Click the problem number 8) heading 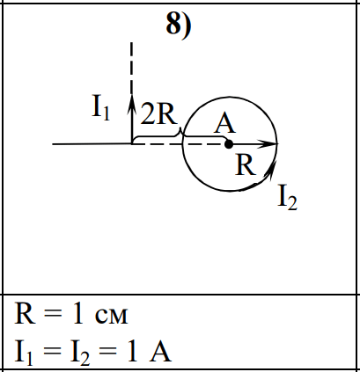coord(179,25)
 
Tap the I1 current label coord(101,109)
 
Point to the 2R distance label coord(159,114)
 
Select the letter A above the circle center coord(224,124)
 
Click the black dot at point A coord(229,144)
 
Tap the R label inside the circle coord(246,165)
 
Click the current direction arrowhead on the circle coord(270,171)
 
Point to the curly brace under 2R coord(180,135)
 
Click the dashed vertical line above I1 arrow coord(131,68)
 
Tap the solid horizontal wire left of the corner coord(92,144)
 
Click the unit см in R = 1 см coord(112,316)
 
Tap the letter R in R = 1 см coord(25,313)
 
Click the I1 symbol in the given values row coord(24,354)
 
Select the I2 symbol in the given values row coord(80,354)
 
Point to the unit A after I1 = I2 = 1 coord(160,352)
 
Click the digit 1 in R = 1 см coord(78,313)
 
